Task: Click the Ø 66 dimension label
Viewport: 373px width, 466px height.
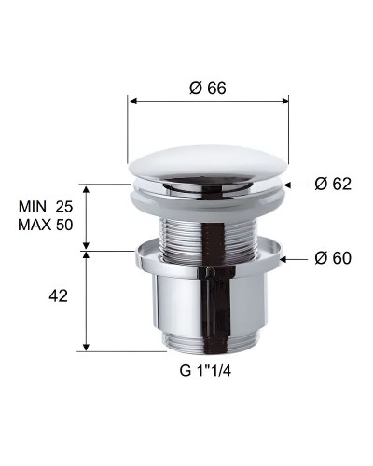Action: pyautogui.click(x=208, y=88)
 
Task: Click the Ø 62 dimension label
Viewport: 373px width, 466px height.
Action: pyautogui.click(x=332, y=184)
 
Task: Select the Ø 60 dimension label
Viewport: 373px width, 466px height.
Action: pyautogui.click(x=332, y=257)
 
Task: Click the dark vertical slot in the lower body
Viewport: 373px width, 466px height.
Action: pyautogui.click(x=216, y=308)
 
